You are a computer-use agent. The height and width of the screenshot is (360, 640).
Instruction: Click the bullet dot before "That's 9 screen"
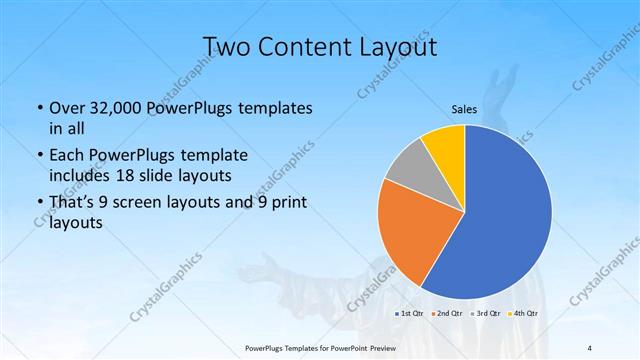pyautogui.click(x=38, y=206)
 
